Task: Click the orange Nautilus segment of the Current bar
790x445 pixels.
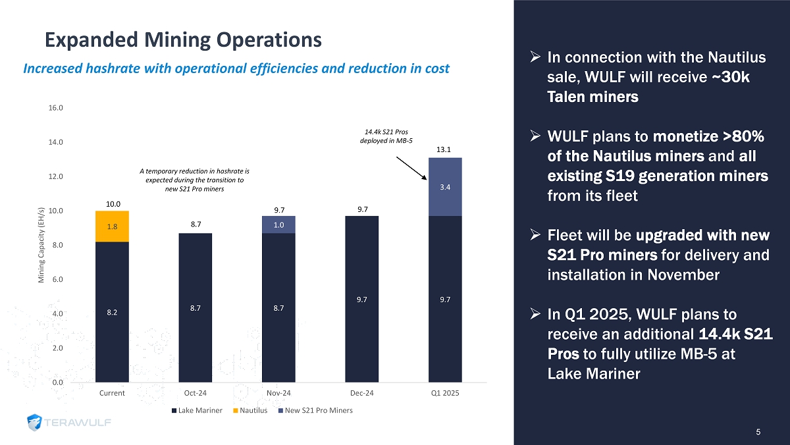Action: [x=112, y=226]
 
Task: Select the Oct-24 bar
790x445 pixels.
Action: [x=196, y=307]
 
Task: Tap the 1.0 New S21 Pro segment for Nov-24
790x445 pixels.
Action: [x=278, y=224]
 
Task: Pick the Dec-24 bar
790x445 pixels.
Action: [x=362, y=299]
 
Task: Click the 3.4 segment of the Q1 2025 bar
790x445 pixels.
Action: [x=445, y=187]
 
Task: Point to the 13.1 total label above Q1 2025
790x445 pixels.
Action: [x=445, y=149]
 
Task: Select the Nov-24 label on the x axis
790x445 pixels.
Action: [x=278, y=393]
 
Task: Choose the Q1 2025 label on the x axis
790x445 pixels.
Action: [x=445, y=393]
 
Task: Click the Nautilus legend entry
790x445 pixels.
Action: [x=253, y=410]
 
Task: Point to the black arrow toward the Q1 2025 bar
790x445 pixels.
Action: [x=416, y=167]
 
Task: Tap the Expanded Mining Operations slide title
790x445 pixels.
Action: [x=183, y=40]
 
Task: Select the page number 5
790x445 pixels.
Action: [x=758, y=432]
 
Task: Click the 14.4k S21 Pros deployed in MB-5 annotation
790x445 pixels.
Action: [x=386, y=136]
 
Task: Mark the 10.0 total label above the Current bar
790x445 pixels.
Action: [x=112, y=204]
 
